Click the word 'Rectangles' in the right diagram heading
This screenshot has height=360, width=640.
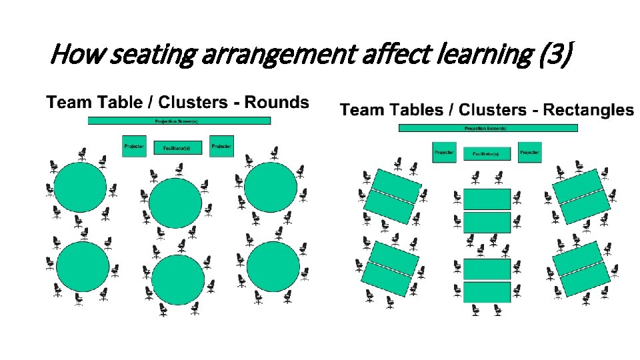click(x=589, y=109)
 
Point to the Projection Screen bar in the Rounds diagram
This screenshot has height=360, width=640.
click(x=179, y=121)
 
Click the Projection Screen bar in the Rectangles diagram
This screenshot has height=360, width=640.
click(x=488, y=128)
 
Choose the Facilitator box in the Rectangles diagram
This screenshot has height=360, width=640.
click(x=487, y=154)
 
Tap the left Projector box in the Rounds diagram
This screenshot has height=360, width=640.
click(x=134, y=146)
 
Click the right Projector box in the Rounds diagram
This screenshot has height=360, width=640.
click(x=221, y=146)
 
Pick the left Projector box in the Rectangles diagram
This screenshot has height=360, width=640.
click(x=444, y=153)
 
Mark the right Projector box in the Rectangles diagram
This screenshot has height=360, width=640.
click(x=529, y=153)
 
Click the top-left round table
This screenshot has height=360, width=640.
click(x=80, y=187)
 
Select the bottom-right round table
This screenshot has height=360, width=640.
click(x=273, y=266)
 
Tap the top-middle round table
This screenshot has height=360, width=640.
click(x=175, y=203)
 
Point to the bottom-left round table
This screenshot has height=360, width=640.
click(x=83, y=266)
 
